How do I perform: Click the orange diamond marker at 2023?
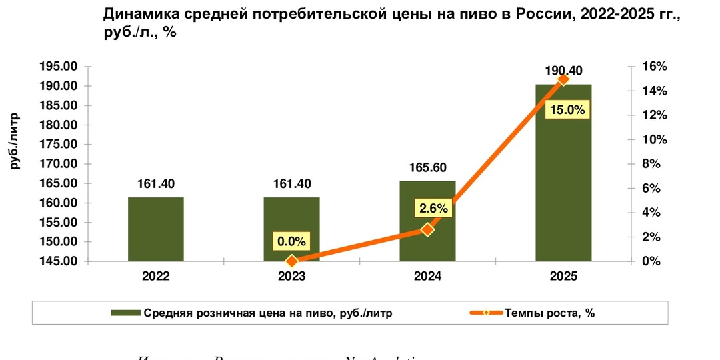291,261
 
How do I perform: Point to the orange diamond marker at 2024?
427,229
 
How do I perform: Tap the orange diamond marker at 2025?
563,79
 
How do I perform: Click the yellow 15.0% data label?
567,110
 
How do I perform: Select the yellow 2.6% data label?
433,208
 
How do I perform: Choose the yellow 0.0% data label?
292,241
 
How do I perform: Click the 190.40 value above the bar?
563,71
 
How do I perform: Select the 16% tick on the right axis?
655,67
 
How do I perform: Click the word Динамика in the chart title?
135,14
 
